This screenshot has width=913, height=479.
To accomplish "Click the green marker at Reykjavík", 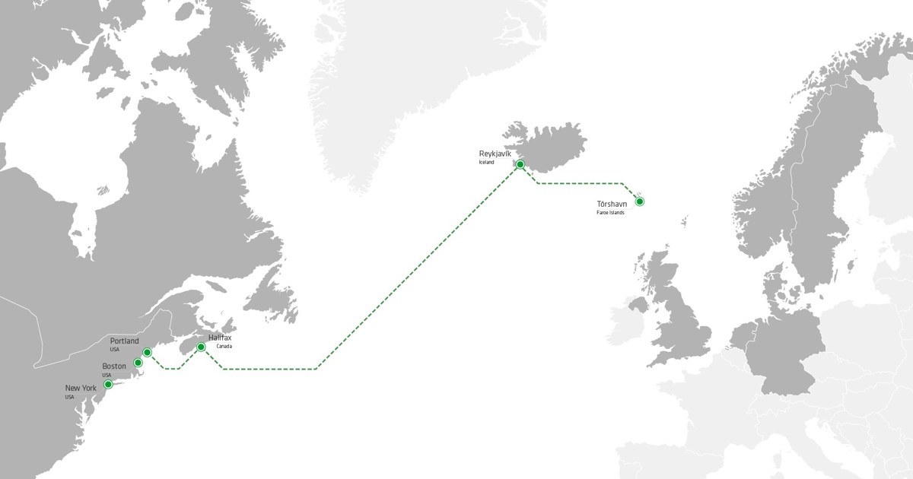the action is [520, 164].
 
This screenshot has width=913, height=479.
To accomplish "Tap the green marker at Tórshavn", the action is [640, 201].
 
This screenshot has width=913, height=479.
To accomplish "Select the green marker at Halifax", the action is [201, 347].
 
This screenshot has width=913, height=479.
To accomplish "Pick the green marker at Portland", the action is [147, 352].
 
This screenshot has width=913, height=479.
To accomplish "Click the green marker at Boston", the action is [138, 363].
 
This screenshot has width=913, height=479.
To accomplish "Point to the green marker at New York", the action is [108, 384].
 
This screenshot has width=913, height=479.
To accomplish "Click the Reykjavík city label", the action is [495, 154].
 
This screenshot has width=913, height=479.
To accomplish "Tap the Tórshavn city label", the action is [612, 204].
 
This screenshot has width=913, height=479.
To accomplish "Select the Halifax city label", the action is [220, 338].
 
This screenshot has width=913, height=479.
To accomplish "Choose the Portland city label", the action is [124, 341].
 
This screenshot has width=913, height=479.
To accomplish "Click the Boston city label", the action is [114, 366].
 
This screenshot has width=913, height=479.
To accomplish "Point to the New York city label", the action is [81, 389].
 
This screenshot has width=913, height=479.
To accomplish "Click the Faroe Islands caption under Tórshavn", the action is [610, 212].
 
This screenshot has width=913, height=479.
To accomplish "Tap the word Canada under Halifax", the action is [224, 347].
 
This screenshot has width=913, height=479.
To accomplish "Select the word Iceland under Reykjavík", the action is [486, 163].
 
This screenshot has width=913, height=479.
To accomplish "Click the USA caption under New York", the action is [69, 397].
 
